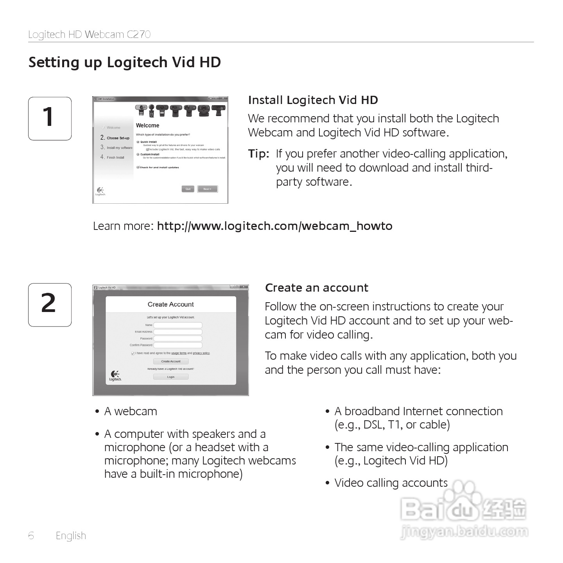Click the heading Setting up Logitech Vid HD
click(x=125, y=63)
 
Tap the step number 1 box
click(x=50, y=118)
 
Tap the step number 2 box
click(x=50, y=305)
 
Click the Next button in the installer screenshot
click(x=207, y=189)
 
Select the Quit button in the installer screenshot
click(x=188, y=189)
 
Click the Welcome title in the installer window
click(x=147, y=126)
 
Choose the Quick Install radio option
click(x=138, y=142)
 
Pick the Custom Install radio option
click(x=138, y=154)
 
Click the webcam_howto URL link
click(x=274, y=226)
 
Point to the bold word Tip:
click(x=258, y=154)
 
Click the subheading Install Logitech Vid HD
click(x=313, y=100)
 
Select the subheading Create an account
click(x=316, y=288)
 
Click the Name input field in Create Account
click(x=178, y=325)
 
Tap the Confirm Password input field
click(x=178, y=345)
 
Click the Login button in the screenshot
click(x=171, y=377)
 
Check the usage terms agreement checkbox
click(x=133, y=353)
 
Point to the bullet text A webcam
click(x=130, y=411)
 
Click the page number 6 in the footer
click(x=31, y=536)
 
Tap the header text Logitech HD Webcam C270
click(x=90, y=34)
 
